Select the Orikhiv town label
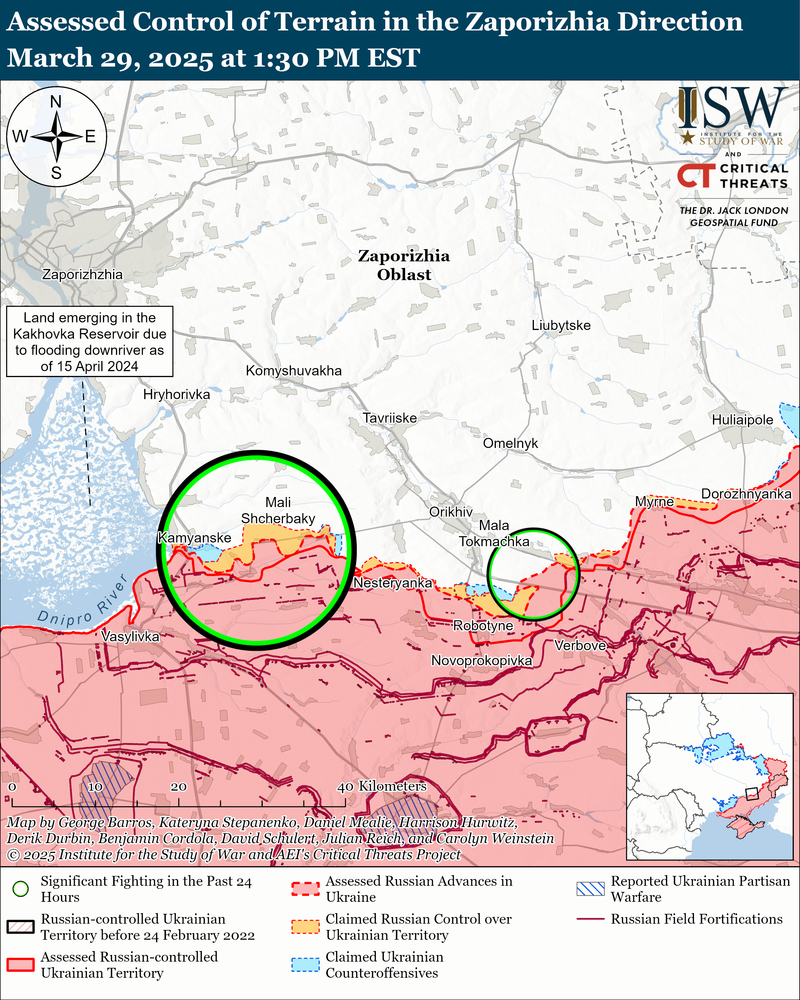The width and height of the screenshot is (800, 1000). pos(450,512)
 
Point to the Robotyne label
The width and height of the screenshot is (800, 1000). pos(483,626)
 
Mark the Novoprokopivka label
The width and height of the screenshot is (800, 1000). pos(481,660)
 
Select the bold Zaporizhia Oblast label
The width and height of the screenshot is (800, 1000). pos(404,265)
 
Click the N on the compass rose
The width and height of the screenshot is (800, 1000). pos(56,102)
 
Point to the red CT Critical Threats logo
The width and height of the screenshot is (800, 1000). pos(696,175)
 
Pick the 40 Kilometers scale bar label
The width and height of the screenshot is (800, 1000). pos(381,786)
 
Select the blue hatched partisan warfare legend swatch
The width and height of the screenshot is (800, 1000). pos(590,889)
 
